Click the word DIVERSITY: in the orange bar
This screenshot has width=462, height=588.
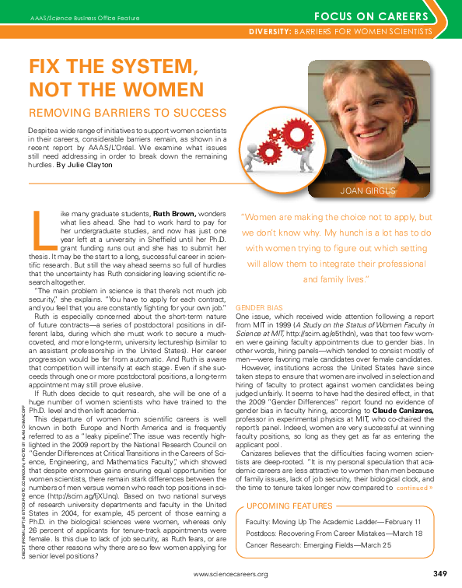[269, 31]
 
